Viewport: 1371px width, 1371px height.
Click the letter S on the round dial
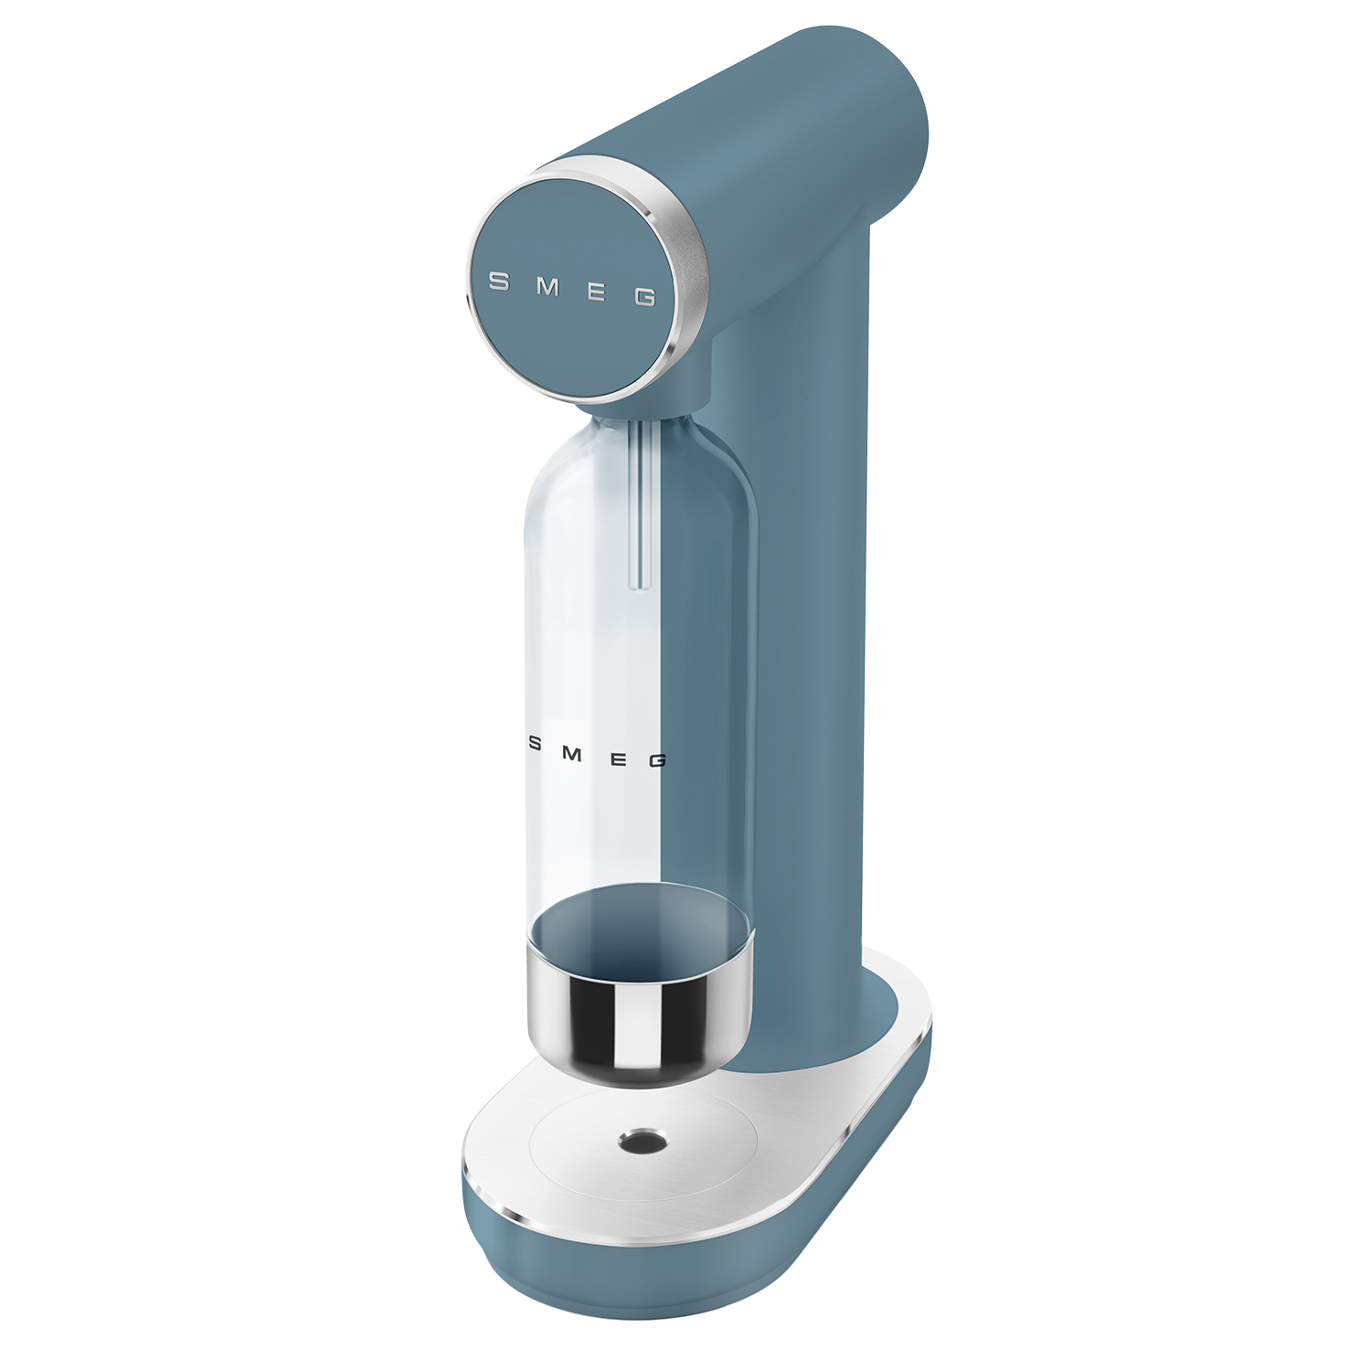(x=499, y=282)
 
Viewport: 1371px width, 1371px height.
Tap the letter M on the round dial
(x=547, y=286)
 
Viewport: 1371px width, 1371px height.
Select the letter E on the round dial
(x=596, y=292)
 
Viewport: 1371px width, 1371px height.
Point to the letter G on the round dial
(x=645, y=297)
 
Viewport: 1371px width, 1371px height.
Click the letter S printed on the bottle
(x=536, y=744)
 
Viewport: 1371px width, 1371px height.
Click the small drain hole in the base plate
(x=643, y=1140)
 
